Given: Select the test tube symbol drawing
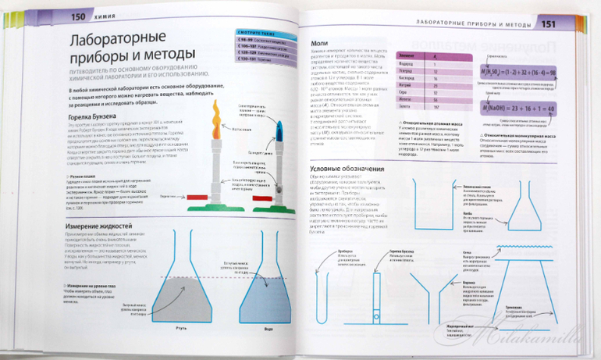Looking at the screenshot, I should tap(376, 293).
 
